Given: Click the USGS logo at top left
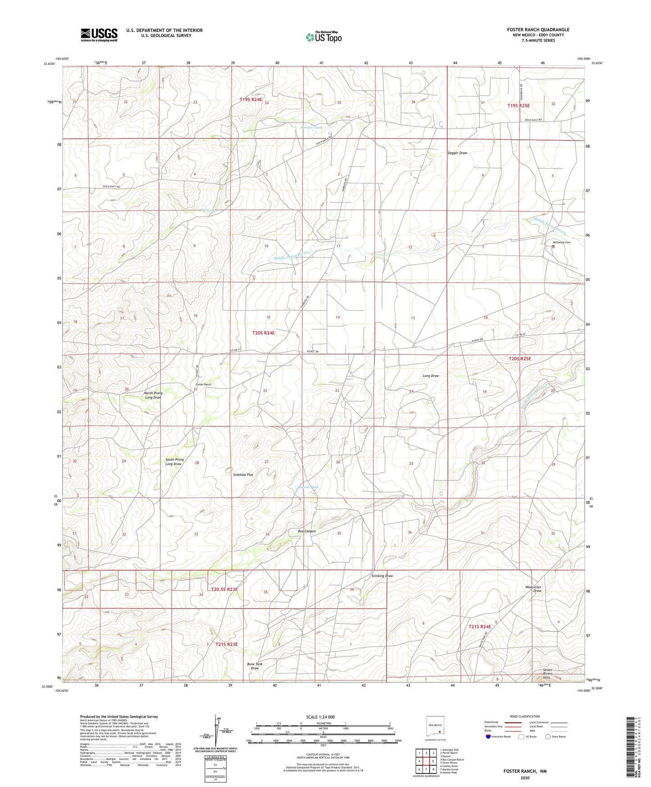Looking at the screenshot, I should pyautogui.click(x=99, y=34).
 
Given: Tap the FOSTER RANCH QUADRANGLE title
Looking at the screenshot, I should pyautogui.click(x=538, y=30).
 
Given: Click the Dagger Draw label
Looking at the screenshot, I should pyautogui.click(x=457, y=153).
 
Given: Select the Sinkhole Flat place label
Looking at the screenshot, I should pyautogui.click(x=243, y=475).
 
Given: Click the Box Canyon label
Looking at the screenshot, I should pyautogui.click(x=307, y=531).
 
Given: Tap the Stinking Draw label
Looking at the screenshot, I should pyautogui.click(x=382, y=576).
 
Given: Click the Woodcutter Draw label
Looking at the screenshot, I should pyautogui.click(x=533, y=589).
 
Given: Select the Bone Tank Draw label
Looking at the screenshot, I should pyautogui.click(x=255, y=666).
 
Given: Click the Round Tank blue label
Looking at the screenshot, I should pyautogui.click(x=309, y=487).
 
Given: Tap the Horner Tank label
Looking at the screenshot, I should pyautogui.click(x=311, y=128).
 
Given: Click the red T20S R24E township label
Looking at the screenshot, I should pyautogui.click(x=263, y=333).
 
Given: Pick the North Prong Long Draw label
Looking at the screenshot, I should pyautogui.click(x=153, y=395).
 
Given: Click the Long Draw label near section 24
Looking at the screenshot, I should pyautogui.click(x=431, y=375).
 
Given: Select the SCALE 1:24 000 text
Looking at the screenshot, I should pyautogui.click(x=320, y=717).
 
